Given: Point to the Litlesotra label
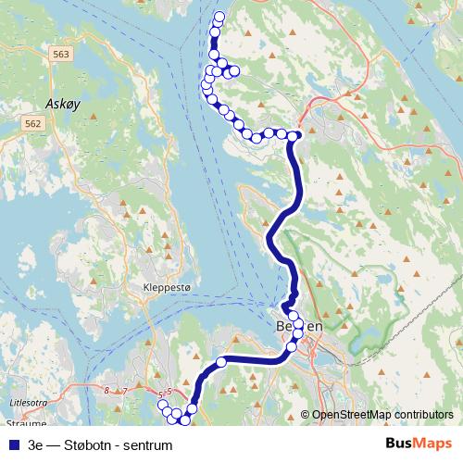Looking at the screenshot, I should point(27,403).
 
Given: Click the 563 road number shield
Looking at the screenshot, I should point(61,56).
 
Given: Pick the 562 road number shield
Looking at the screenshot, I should point(33,123).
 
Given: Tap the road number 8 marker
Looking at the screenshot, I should point(107,392).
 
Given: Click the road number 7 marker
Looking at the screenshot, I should point(125,392).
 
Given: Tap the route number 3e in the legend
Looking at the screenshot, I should point(36,444).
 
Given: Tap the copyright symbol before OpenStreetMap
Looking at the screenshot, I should point(305,416).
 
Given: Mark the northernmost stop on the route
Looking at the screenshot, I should point(219,17).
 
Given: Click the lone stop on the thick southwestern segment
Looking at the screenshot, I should point(221,361).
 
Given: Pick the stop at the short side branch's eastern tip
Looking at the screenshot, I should point(234,71).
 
